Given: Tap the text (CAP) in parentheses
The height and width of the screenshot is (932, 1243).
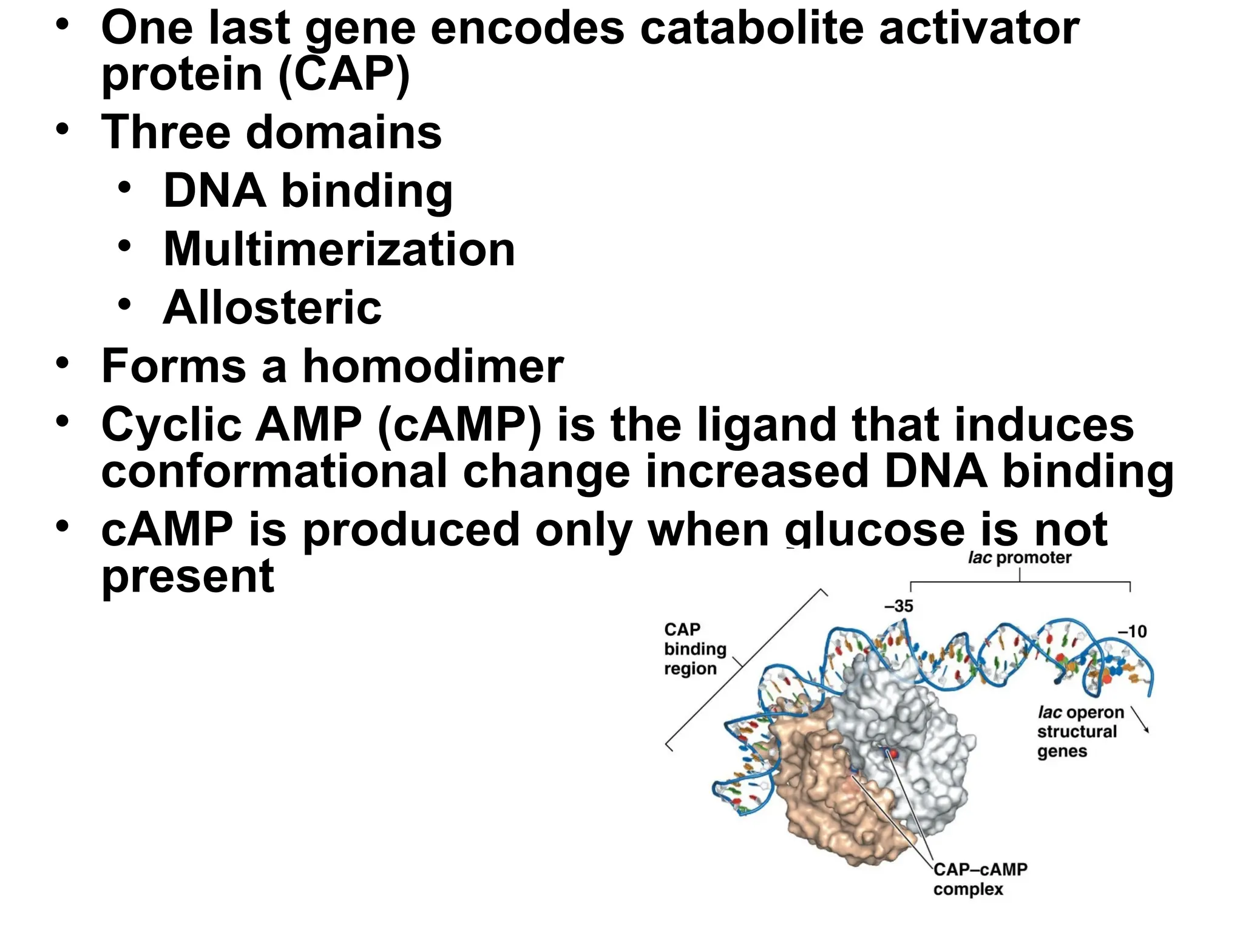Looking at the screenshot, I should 344,74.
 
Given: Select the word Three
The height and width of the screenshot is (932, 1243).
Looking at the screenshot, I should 166,132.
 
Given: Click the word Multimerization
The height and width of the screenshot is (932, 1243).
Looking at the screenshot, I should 339,249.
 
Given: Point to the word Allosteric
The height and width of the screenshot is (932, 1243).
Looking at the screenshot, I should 272,308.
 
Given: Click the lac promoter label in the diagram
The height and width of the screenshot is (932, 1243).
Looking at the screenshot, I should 1019,558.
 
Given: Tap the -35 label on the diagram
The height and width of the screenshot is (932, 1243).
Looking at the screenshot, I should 898,606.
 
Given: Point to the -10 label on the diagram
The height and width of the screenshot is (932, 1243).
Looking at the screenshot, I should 1132,631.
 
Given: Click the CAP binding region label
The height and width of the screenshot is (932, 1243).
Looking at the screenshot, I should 694,649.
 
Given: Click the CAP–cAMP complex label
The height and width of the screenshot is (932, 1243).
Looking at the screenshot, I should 980,879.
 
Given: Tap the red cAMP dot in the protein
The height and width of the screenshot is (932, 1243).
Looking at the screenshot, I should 893,754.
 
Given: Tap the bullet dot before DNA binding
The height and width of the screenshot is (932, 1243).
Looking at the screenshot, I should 124,187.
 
